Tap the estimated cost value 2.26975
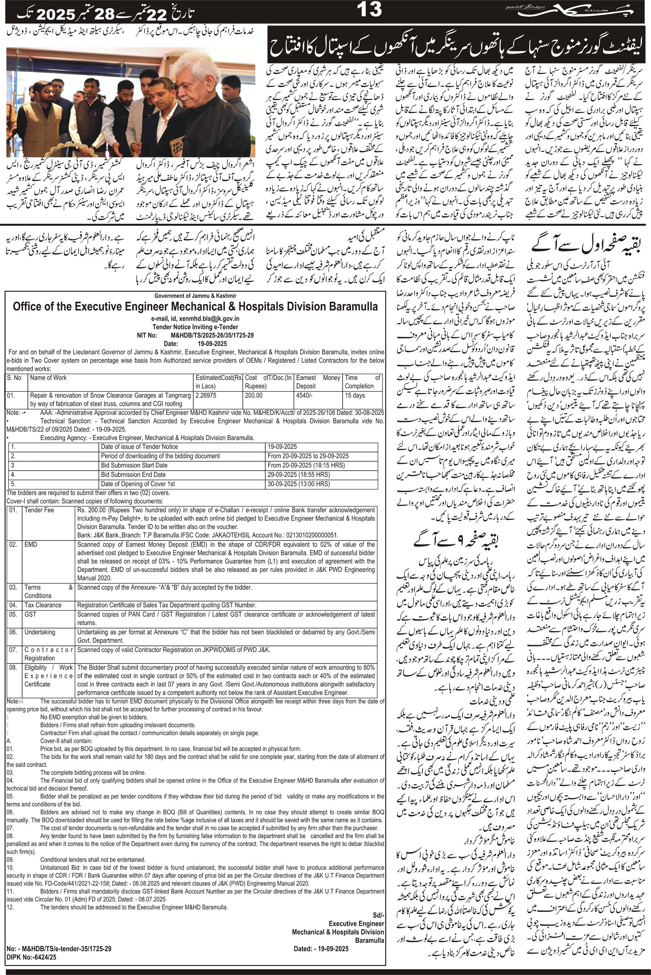point(207,395)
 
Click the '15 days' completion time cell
point(354,395)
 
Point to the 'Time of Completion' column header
point(362,382)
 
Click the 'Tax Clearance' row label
point(43,605)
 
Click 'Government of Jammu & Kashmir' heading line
point(195,295)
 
